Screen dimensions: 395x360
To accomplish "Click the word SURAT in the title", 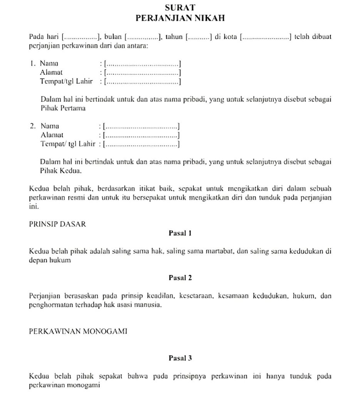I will pyautogui.click(x=180, y=7).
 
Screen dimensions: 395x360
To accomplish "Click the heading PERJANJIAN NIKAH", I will pyautogui.click(x=180, y=18).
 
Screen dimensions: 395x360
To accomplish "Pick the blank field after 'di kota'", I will pyautogui.click(x=266, y=37).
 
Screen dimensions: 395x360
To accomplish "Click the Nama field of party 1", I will pyautogui.click(x=143, y=64).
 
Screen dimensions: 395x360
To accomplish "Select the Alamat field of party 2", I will pyautogui.click(x=142, y=135).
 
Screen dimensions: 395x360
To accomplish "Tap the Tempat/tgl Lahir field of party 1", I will pyautogui.click(x=143, y=81).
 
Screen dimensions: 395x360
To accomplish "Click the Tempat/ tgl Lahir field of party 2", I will pyautogui.click(x=142, y=144).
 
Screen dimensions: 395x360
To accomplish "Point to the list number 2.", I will pyautogui.click(x=32, y=126).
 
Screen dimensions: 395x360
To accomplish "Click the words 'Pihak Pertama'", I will pyautogui.click(x=63, y=108).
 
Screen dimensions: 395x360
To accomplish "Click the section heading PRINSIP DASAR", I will pyautogui.click(x=57, y=224).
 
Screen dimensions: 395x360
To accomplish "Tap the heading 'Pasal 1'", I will pyautogui.click(x=180, y=233).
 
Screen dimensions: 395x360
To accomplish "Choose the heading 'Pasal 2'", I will pyautogui.click(x=180, y=278).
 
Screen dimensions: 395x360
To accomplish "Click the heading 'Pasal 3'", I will pyautogui.click(x=180, y=358).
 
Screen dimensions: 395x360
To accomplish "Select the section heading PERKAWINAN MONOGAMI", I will pyautogui.click(x=78, y=332).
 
